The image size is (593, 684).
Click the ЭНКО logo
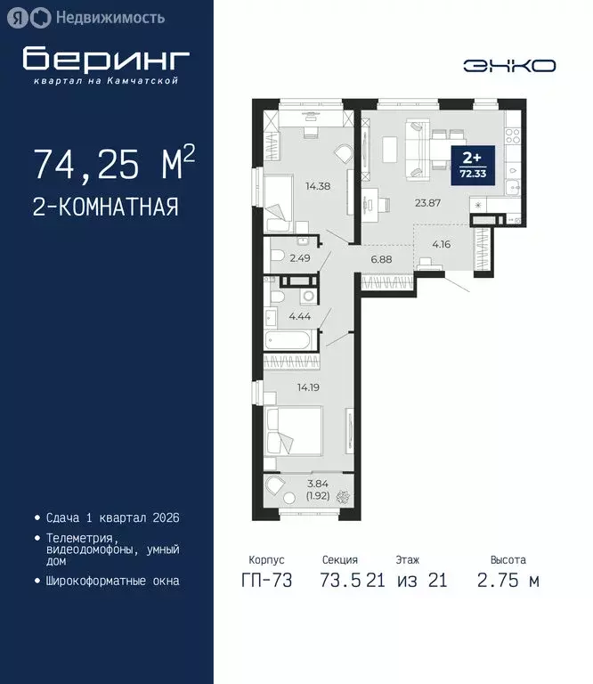[509, 65]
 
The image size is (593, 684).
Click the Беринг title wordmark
[106, 59]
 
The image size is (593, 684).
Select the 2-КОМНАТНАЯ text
[105, 208]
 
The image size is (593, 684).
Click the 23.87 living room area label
[428, 202]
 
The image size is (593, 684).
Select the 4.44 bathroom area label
[298, 315]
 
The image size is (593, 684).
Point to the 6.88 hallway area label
[381, 259]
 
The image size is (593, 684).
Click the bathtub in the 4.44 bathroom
[289, 340]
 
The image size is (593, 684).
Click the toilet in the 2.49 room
[277, 257]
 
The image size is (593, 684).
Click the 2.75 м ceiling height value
[508, 582]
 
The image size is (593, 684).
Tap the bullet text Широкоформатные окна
[112, 581]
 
